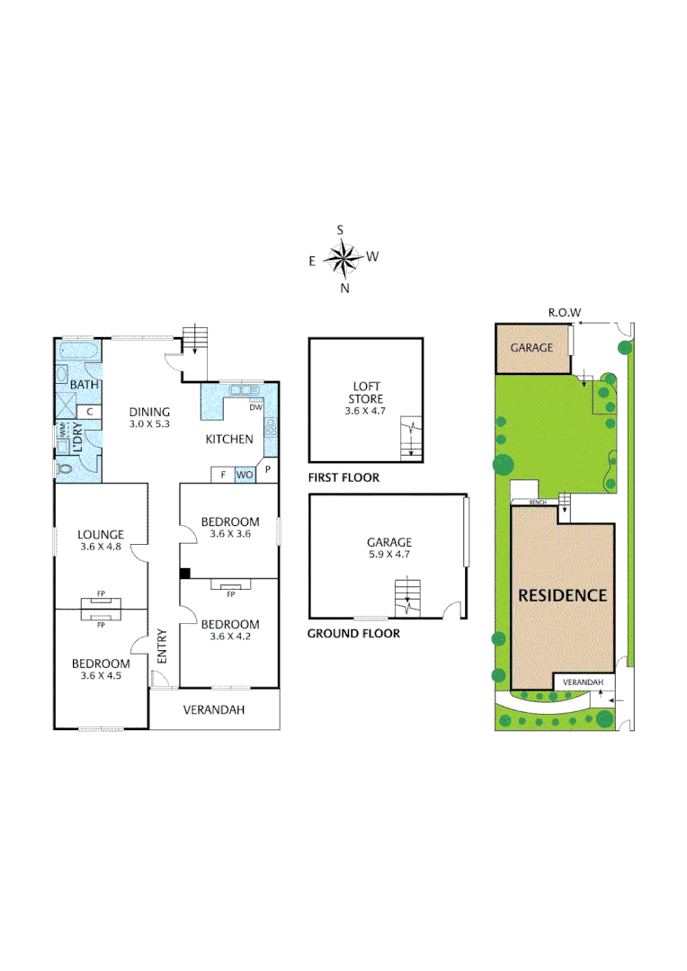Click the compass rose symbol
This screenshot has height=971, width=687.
342,259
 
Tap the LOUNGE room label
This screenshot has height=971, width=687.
100,534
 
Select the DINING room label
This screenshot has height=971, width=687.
148,413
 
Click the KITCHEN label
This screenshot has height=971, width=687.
230,439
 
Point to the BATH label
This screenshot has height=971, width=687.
84,385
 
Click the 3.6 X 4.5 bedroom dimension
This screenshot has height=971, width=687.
100,676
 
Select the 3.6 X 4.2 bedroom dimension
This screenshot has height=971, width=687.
229,637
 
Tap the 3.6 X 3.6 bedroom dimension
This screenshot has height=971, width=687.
229,534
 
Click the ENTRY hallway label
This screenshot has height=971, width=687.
163,646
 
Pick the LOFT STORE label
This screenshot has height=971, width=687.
366,392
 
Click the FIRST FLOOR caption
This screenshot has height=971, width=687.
343,478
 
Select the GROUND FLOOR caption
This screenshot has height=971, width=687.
353,633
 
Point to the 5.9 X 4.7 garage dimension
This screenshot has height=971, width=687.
388,555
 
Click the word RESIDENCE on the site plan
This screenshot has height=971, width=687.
562,595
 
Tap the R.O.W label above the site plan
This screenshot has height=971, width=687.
565,313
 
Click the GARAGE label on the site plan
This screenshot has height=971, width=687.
531,348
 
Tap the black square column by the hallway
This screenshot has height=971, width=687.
184,574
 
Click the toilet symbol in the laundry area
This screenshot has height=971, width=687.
62,468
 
